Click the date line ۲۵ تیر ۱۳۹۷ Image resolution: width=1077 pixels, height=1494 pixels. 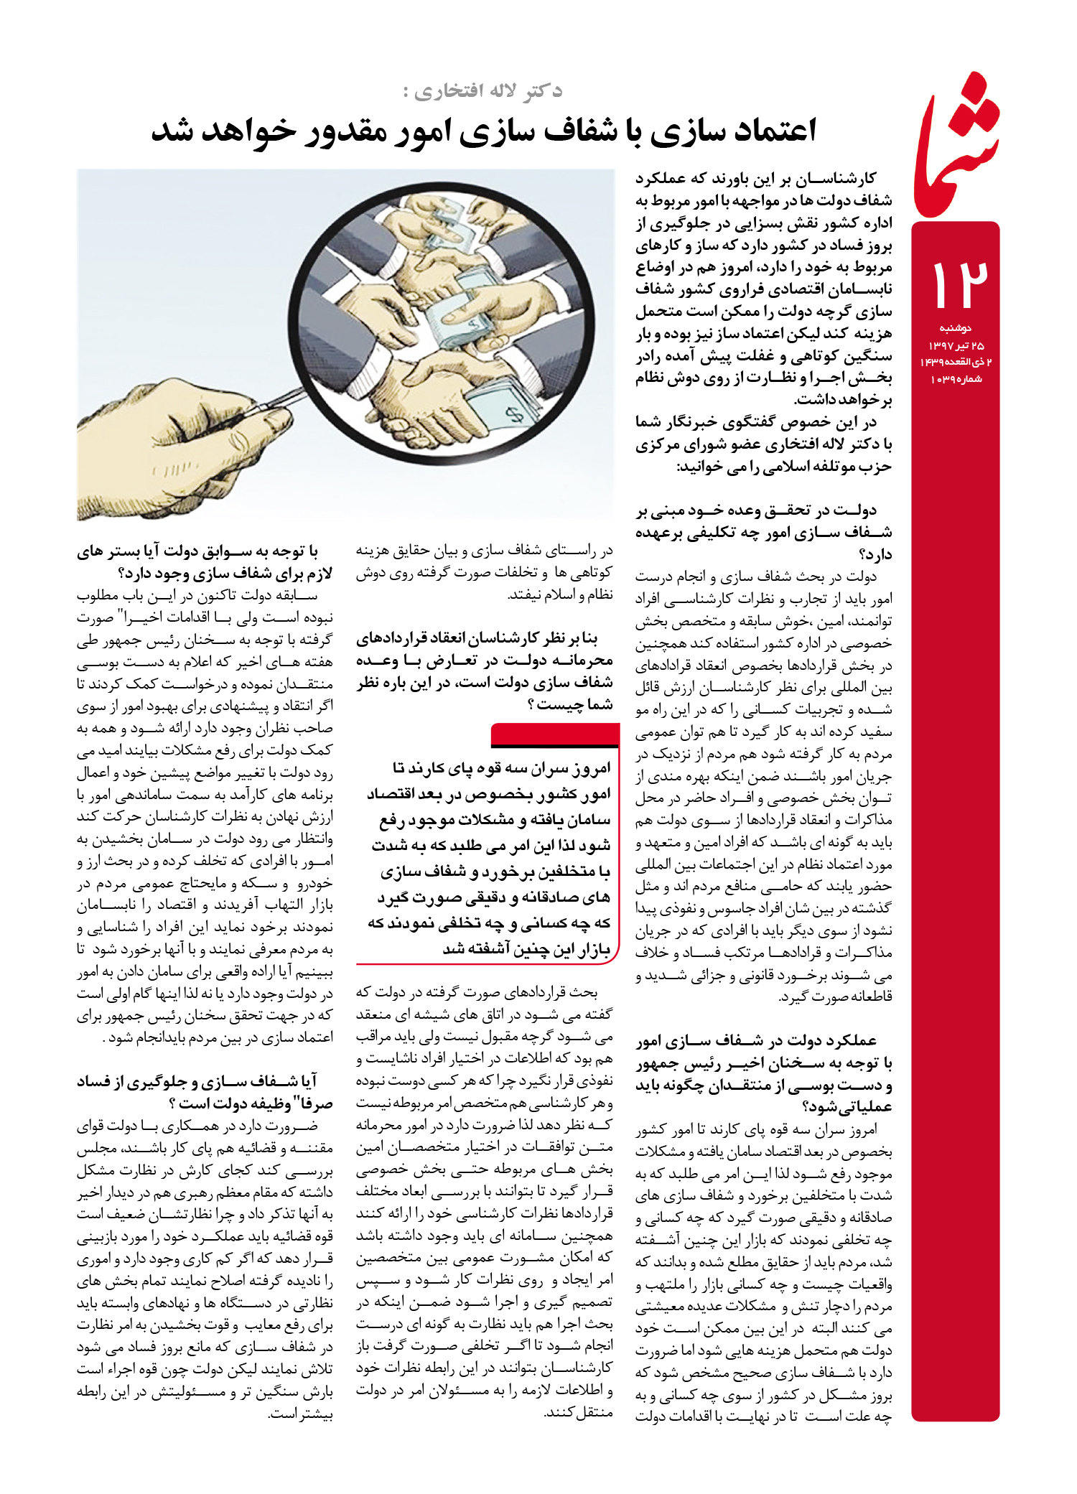click(956, 346)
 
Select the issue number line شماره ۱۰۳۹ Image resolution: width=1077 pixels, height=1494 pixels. click(956, 379)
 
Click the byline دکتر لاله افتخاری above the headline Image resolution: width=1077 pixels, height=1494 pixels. click(482, 91)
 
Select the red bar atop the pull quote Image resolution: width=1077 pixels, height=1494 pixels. click(555, 734)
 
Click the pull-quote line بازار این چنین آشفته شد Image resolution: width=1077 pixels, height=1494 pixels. click(526, 949)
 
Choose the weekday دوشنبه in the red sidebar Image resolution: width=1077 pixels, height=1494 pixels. click(956, 329)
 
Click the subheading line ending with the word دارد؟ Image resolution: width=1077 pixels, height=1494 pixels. click(875, 554)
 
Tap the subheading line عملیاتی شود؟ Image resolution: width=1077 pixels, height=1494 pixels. click(847, 1106)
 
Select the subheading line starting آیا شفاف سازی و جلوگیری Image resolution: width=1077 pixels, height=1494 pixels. click(197, 1081)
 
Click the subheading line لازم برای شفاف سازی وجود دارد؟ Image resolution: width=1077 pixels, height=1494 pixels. click(205, 574)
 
